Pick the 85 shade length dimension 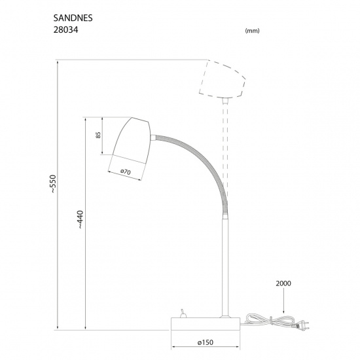(x=98, y=135)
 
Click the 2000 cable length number (x=283, y=284)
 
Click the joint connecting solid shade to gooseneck (x=153, y=137)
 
